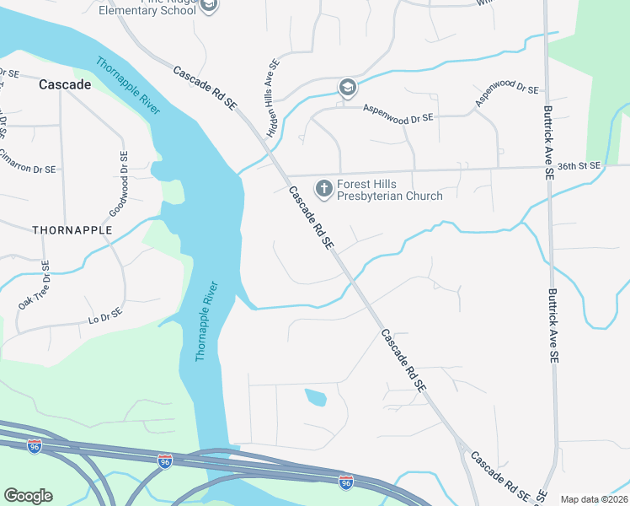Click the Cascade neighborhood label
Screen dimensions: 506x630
coord(65,85)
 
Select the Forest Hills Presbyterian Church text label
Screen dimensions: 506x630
coord(390,190)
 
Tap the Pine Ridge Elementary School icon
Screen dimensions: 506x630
coord(209,6)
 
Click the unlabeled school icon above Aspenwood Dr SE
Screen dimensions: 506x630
coord(347,88)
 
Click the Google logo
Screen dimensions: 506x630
coord(28,496)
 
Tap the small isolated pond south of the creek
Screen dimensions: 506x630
coord(315,396)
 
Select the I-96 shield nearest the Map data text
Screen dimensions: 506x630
coord(345,482)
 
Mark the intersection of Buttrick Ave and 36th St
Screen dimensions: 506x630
coord(548,168)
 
